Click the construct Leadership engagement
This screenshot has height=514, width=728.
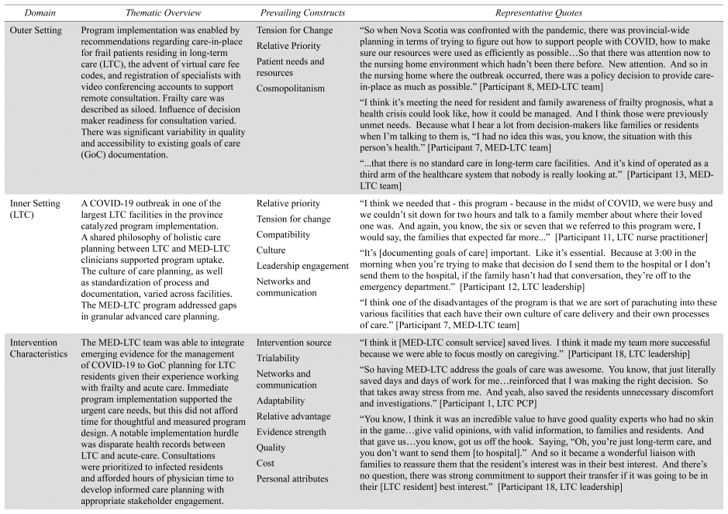302,266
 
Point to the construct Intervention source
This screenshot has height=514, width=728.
294,342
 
